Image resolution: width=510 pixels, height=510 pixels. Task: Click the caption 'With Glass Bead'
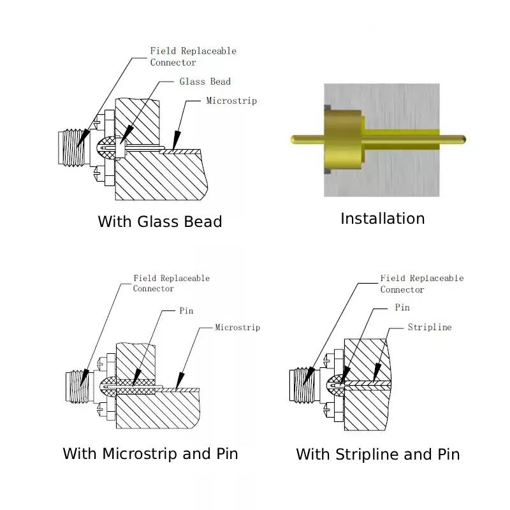click(x=159, y=222)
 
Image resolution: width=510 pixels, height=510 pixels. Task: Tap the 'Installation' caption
click(x=382, y=219)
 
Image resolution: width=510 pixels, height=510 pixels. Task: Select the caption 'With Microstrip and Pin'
click(x=150, y=454)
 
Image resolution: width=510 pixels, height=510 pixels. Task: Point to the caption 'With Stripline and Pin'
click(x=377, y=455)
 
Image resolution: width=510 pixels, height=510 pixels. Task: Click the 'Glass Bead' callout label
click(x=205, y=82)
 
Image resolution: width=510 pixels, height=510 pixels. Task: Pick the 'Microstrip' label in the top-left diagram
click(x=231, y=101)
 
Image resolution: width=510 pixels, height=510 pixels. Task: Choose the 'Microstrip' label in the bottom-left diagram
click(x=237, y=328)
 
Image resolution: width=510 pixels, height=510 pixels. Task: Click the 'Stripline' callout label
click(x=429, y=327)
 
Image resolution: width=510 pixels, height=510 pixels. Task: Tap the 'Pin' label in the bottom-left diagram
click(x=186, y=310)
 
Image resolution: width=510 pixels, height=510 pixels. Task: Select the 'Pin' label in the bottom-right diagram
click(x=402, y=307)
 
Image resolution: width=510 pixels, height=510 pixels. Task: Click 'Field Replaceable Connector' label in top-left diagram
click(x=193, y=56)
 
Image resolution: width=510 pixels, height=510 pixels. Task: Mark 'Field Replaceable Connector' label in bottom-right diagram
click(x=421, y=284)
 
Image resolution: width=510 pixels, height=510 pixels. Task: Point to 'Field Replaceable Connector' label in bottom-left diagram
click(x=171, y=283)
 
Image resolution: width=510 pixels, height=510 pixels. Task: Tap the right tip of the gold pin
click(x=463, y=138)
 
